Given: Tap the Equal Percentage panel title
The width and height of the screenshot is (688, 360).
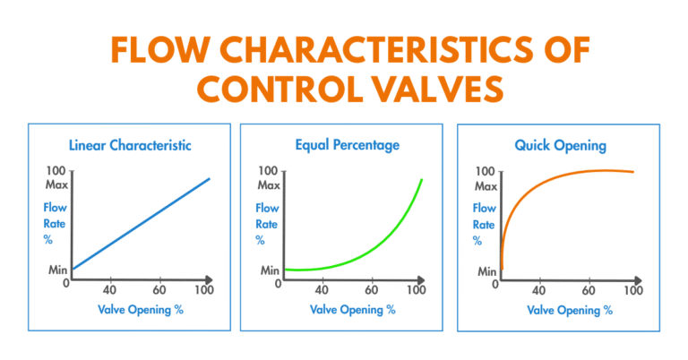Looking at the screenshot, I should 343,143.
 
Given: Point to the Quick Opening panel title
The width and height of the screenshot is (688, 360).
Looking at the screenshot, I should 558,143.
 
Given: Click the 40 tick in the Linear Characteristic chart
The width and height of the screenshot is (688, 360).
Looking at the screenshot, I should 111,290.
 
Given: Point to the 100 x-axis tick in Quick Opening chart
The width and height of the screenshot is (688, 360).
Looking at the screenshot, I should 632,290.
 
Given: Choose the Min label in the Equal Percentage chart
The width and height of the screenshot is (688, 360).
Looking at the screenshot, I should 269,270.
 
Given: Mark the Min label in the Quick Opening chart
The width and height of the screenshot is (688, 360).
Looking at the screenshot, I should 487,270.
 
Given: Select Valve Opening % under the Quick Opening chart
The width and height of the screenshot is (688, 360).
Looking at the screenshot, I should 571,310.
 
